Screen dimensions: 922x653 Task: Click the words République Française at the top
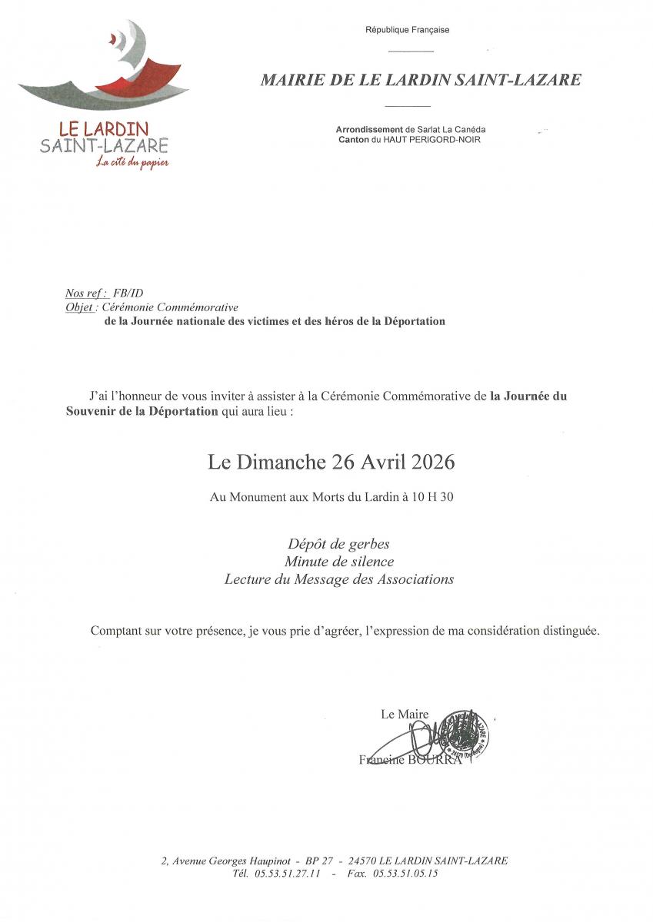click(x=408, y=30)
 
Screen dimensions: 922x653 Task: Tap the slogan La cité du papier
click(x=132, y=162)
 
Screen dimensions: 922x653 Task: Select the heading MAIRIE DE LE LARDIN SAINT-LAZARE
click(x=421, y=80)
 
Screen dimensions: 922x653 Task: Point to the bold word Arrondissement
click(x=369, y=130)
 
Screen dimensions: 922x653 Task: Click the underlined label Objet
click(x=81, y=307)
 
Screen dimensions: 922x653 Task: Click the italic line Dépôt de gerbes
click(x=338, y=544)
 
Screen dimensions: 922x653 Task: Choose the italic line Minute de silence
click(x=338, y=562)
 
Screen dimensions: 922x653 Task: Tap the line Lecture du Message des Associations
click(x=338, y=579)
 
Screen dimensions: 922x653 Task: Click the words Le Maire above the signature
click(x=405, y=715)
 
